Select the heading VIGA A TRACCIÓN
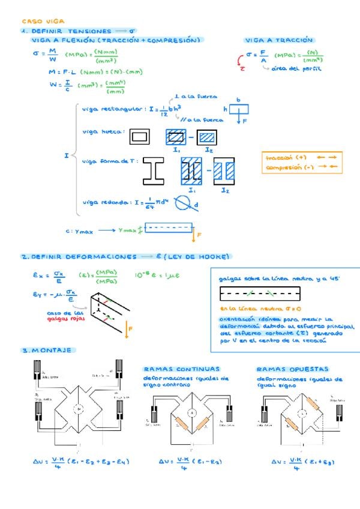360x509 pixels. click(x=278, y=40)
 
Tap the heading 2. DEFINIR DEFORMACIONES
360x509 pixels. click(x=79, y=257)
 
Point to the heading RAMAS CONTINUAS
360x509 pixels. click(x=181, y=369)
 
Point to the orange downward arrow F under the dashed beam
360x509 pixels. click(x=194, y=236)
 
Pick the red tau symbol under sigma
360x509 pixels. click(x=242, y=68)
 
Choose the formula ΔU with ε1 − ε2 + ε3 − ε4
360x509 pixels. click(x=82, y=462)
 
